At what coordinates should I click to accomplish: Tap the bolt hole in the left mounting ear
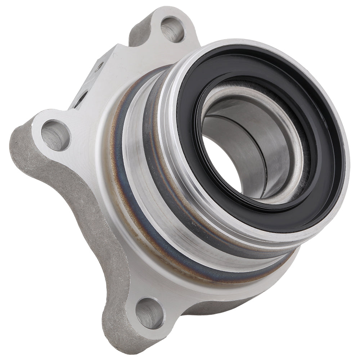[55, 135]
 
